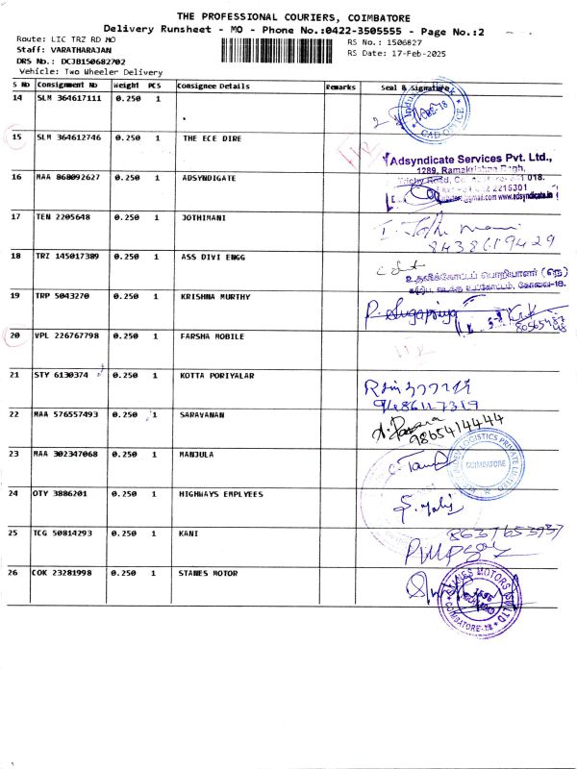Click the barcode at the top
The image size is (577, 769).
coord(281,50)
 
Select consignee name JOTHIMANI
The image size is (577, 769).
coord(204,217)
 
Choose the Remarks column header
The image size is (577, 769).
coord(340,87)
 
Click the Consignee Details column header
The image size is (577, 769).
coord(213,87)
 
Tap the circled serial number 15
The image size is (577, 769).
coord(16,137)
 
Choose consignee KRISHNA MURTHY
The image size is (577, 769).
coord(213,296)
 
